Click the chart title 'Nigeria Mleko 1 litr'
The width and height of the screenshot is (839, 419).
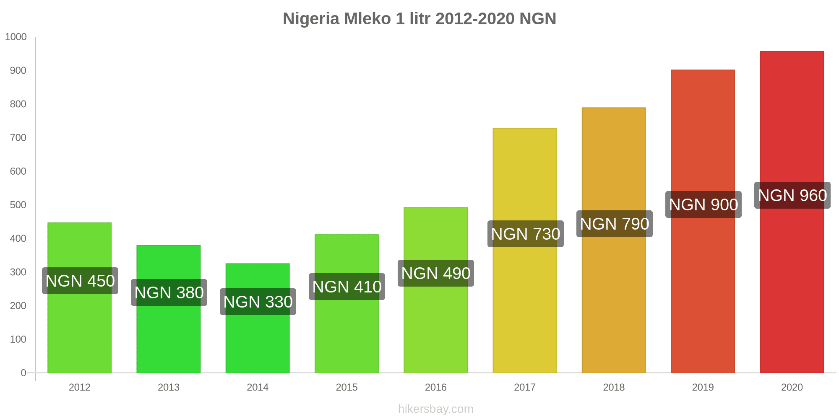tap(419, 19)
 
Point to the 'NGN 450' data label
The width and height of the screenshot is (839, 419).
tap(80, 281)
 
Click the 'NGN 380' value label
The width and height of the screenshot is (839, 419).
tap(169, 292)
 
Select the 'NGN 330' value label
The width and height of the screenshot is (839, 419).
tap(258, 302)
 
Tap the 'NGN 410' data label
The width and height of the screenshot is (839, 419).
tap(347, 287)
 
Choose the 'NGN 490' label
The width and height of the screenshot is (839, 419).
tap(436, 273)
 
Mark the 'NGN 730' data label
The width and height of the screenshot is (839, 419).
tap(526, 234)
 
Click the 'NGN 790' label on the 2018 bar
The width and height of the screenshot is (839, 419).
tap(615, 224)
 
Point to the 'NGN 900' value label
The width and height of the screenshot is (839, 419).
tap(704, 204)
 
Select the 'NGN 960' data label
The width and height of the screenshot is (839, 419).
tap(792, 195)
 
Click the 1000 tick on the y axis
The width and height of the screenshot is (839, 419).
tap(16, 37)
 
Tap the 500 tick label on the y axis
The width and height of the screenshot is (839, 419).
tap(18, 205)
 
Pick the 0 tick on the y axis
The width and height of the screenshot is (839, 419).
tap(23, 373)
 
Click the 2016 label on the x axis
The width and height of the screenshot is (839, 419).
tap(435, 387)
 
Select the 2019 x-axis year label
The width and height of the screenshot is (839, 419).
tap(703, 387)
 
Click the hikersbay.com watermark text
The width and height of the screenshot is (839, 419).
tap(435, 409)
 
